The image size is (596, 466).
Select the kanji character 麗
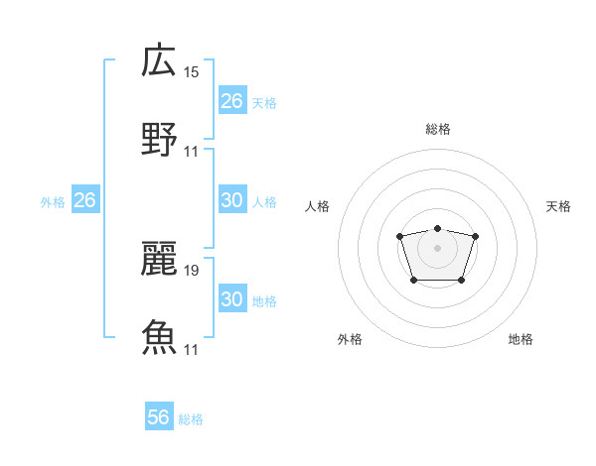coord(159,257)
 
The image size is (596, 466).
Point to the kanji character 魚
coord(159,336)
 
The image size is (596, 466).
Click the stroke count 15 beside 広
coord(192,72)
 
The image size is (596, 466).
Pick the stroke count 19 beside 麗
coord(192,270)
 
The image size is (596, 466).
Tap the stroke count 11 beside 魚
coord(192,349)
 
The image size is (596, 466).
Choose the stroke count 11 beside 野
coord(192,151)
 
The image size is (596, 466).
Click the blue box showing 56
coord(159,417)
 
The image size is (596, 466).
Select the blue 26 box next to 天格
coord(231,101)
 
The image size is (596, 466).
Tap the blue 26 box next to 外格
coord(84,200)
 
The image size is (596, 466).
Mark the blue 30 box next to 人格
coord(231,200)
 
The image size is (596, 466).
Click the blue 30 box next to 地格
coord(231,299)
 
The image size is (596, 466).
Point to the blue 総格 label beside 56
coord(191,418)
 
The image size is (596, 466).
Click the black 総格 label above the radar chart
coord(437,129)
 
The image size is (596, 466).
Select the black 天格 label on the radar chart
coord(558,206)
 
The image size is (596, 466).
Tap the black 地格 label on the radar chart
coord(521,339)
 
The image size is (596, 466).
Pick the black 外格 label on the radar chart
coord(350,339)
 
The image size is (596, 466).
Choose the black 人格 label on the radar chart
coord(318,206)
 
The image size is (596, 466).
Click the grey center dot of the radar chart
coord(437,247)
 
